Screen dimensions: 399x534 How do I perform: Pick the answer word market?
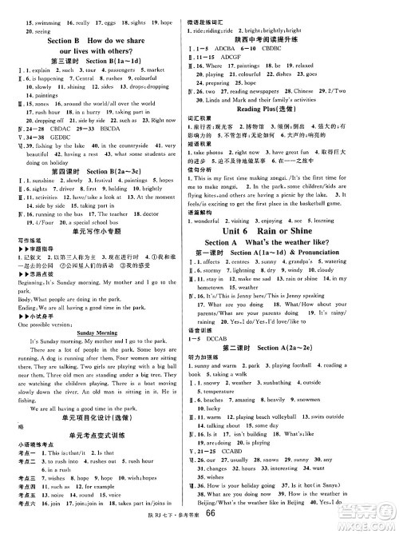(174, 70)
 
